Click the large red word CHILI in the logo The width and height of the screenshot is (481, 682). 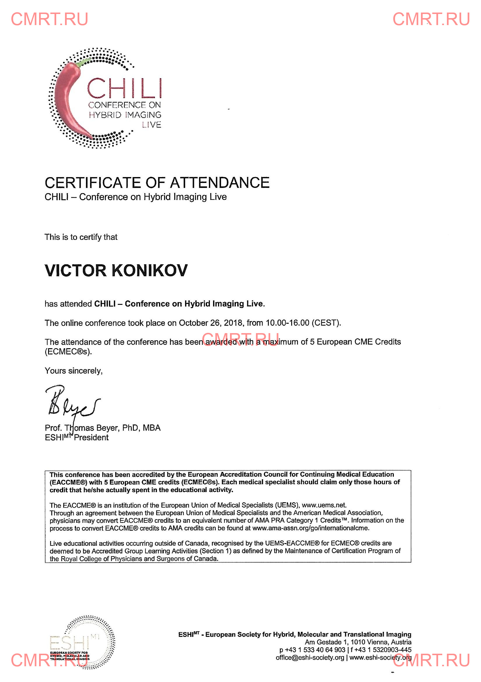(124, 88)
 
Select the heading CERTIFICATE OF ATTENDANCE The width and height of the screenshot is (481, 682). (157, 182)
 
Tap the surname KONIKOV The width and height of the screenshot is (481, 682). (150, 270)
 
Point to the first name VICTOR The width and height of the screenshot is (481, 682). (76, 270)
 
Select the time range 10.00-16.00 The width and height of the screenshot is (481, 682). (287, 323)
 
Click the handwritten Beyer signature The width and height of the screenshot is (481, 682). (71, 401)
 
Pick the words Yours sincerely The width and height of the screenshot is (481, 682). (73, 371)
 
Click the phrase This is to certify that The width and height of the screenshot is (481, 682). (81, 237)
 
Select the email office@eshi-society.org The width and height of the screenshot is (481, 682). (310, 657)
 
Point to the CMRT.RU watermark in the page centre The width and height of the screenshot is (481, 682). (240, 339)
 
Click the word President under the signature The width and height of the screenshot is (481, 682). (91, 438)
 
